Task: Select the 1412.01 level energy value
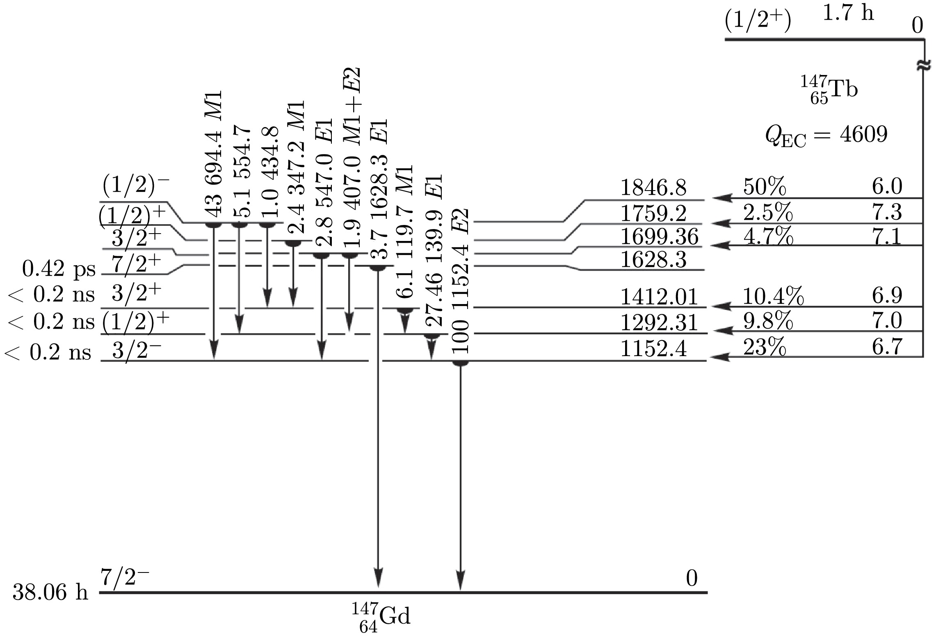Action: (x=659, y=297)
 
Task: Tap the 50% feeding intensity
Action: (x=765, y=187)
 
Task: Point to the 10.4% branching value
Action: (x=773, y=296)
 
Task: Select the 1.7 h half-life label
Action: (x=848, y=14)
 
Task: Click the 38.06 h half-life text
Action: (x=50, y=593)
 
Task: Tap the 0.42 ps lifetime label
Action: (x=58, y=269)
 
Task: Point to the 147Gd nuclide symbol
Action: (x=381, y=617)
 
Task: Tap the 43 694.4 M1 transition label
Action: (x=214, y=154)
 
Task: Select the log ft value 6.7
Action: (x=887, y=347)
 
